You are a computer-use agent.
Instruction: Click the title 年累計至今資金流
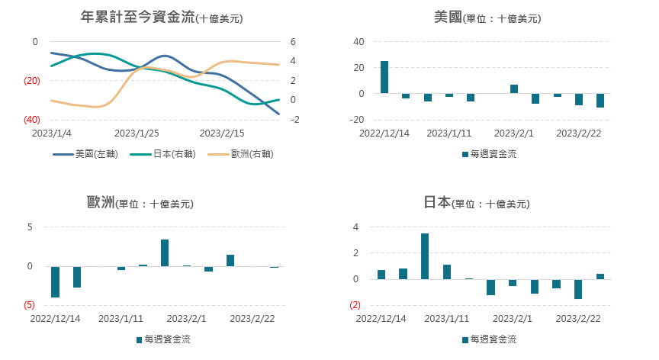pos(137,16)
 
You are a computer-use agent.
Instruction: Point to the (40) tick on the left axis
pos(31,120)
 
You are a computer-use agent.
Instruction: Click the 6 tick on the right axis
pos(292,42)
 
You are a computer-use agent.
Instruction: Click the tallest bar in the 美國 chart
pos(384,77)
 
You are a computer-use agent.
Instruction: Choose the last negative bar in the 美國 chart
pos(600,101)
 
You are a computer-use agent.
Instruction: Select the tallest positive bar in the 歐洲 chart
pos(165,253)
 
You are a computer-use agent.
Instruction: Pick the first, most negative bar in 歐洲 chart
pos(56,281)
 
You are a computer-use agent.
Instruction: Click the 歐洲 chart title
pos(140,203)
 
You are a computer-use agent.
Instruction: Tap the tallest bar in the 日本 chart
pos(425,256)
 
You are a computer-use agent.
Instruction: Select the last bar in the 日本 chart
pos(600,276)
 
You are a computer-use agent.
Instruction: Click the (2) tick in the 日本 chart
pos(355,305)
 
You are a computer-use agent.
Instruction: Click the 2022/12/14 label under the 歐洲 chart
pos(55,319)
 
